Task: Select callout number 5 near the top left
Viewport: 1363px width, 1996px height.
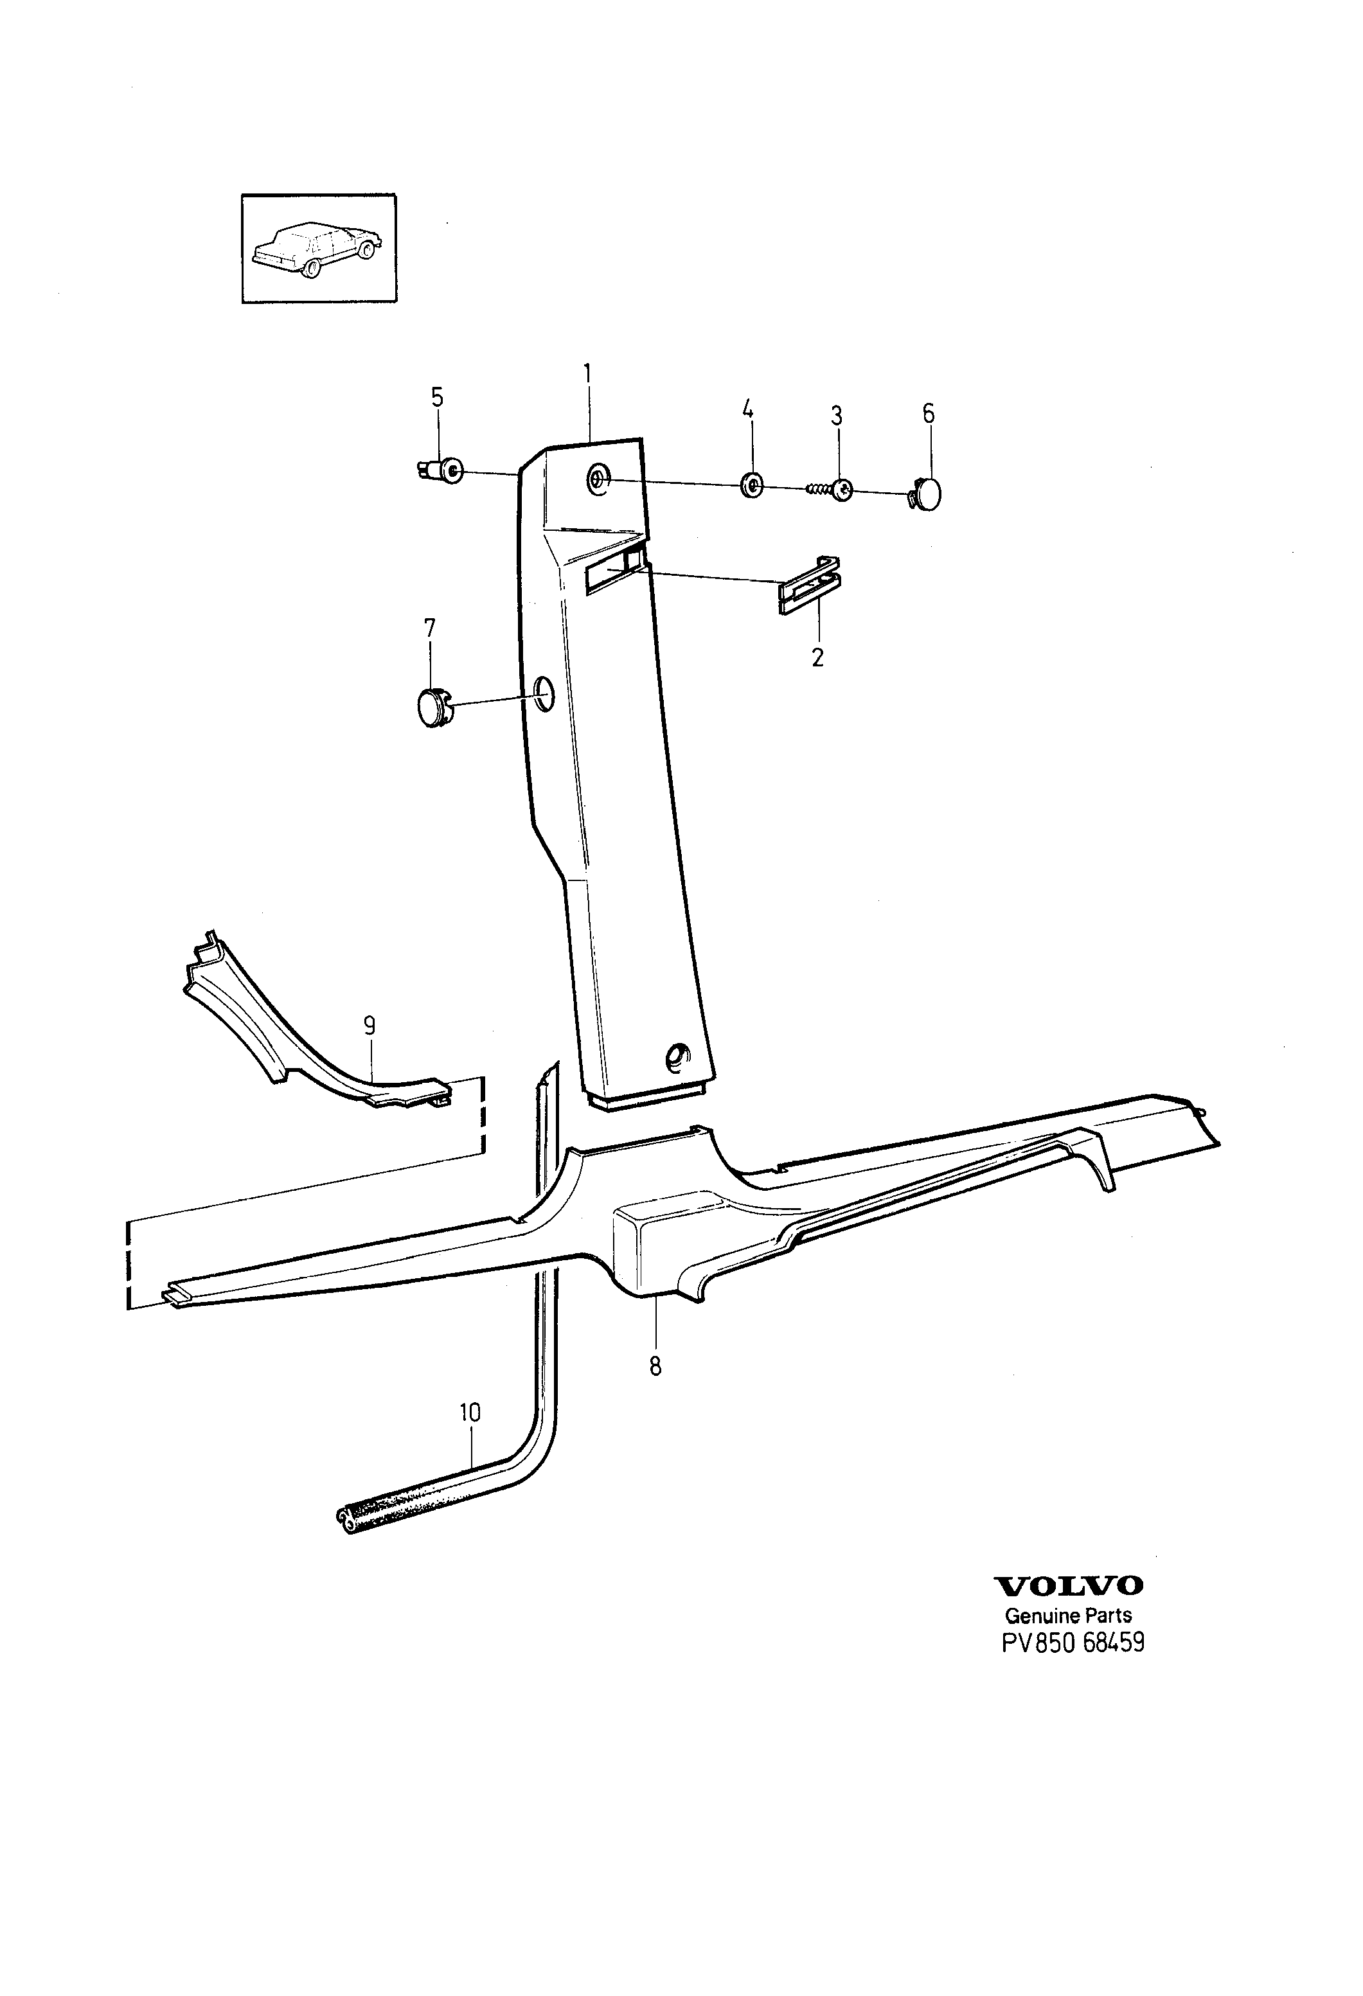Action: (437, 398)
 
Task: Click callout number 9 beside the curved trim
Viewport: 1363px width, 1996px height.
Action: (370, 1026)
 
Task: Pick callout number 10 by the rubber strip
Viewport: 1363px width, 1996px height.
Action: (470, 1413)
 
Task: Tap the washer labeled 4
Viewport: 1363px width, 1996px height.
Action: (751, 485)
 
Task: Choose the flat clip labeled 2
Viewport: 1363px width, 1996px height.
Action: (809, 585)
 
